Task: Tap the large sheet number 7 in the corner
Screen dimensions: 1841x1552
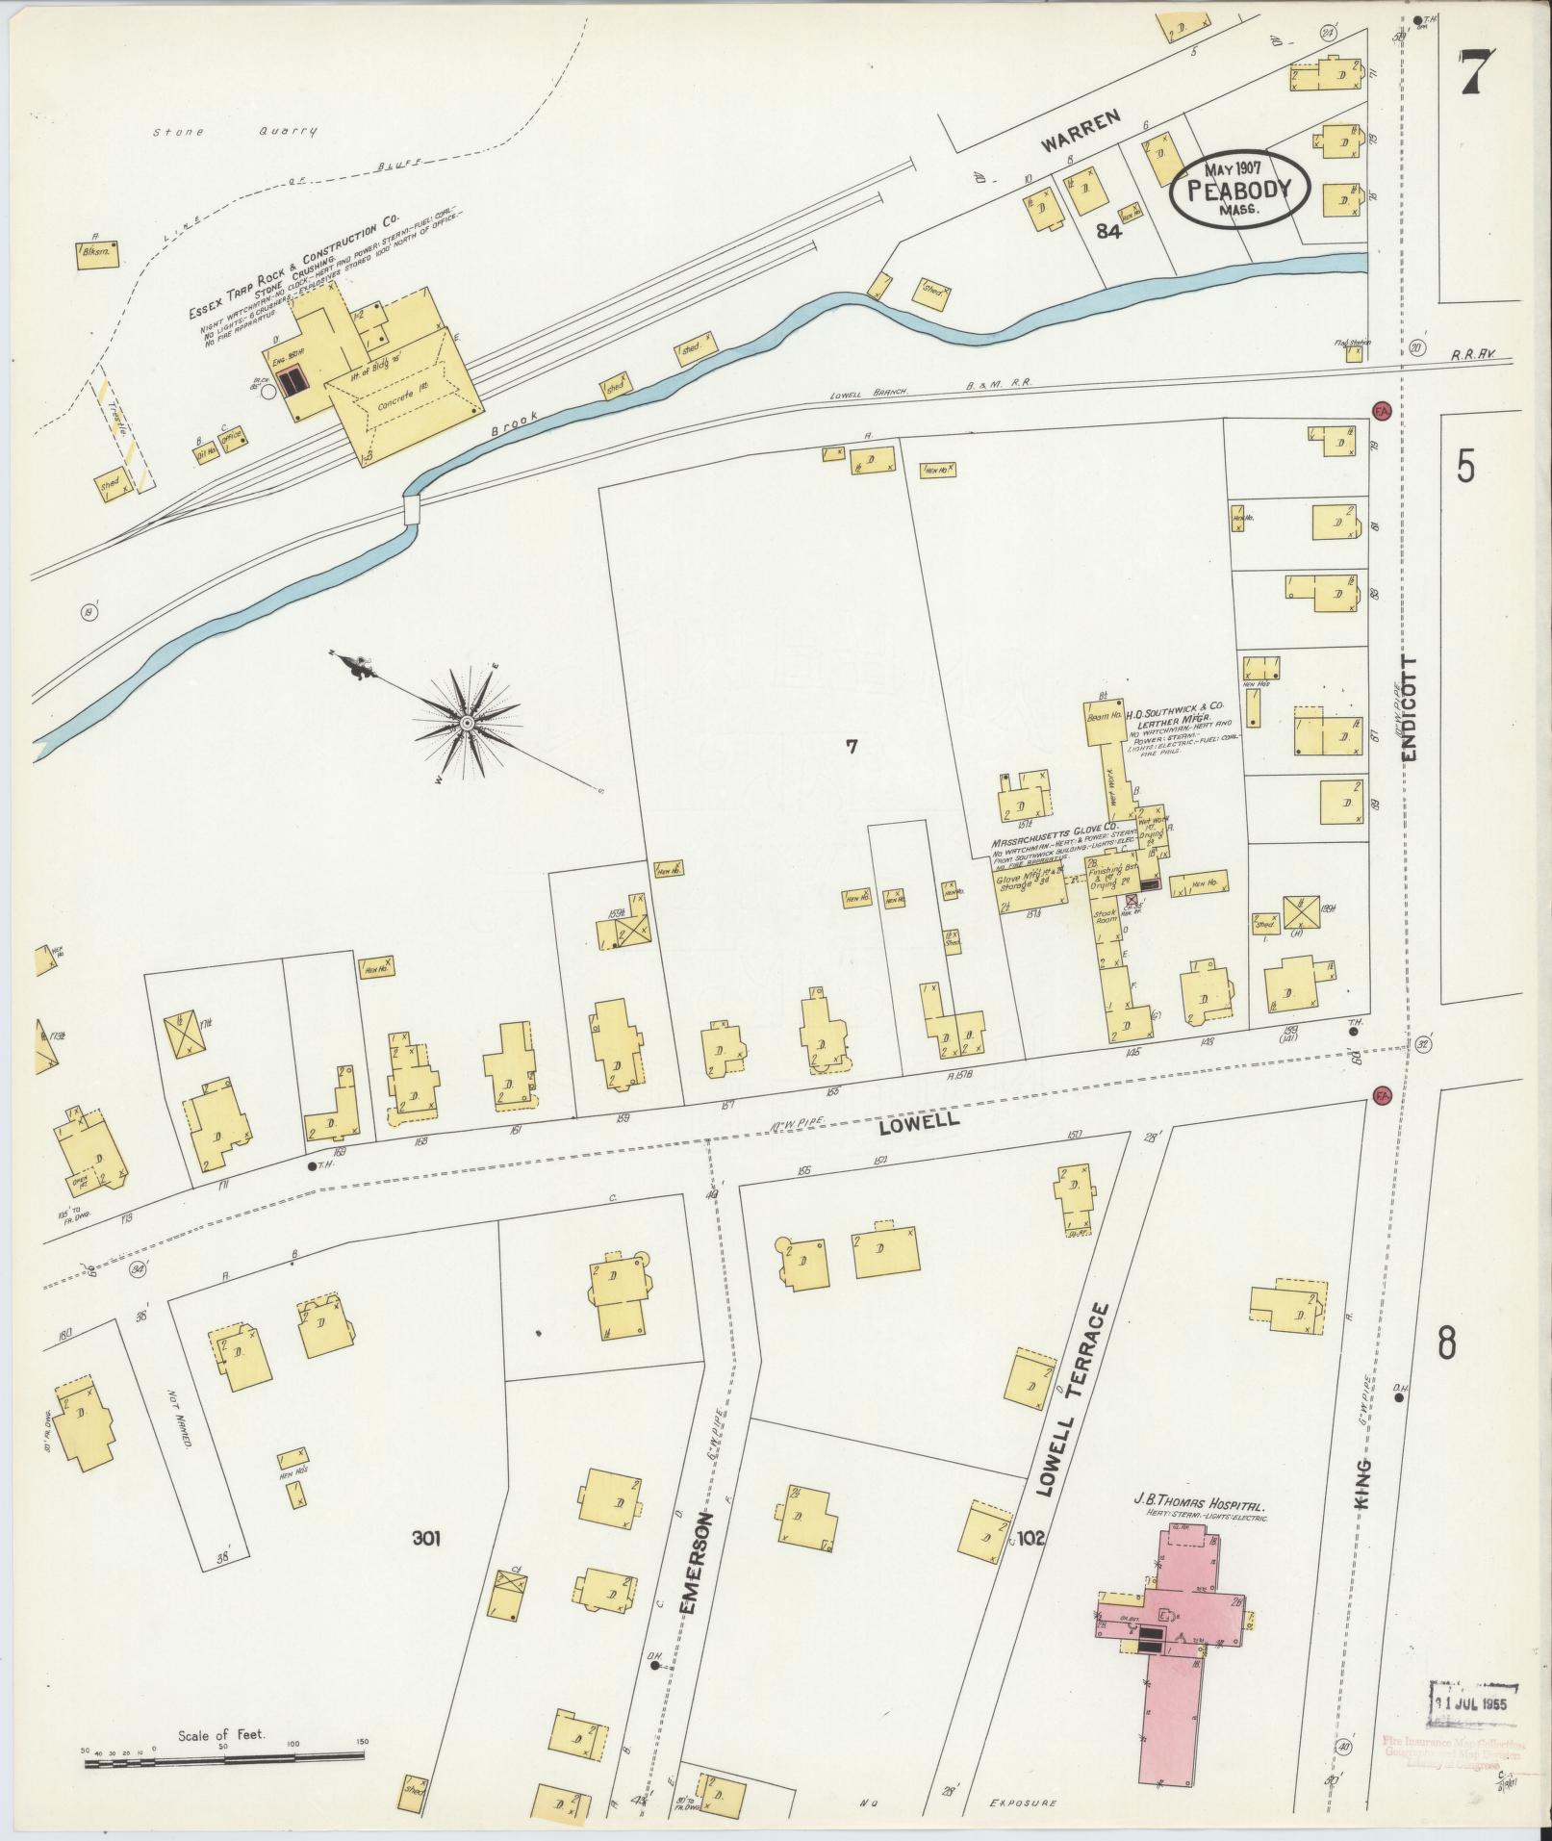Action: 1480,73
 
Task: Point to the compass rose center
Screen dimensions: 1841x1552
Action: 467,722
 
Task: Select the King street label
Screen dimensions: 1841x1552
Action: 1369,1509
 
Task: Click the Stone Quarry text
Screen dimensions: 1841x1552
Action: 235,133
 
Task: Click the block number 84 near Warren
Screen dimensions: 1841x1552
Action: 1109,229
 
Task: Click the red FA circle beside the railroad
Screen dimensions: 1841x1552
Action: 1384,410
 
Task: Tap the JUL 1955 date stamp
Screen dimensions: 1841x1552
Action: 1472,1700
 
